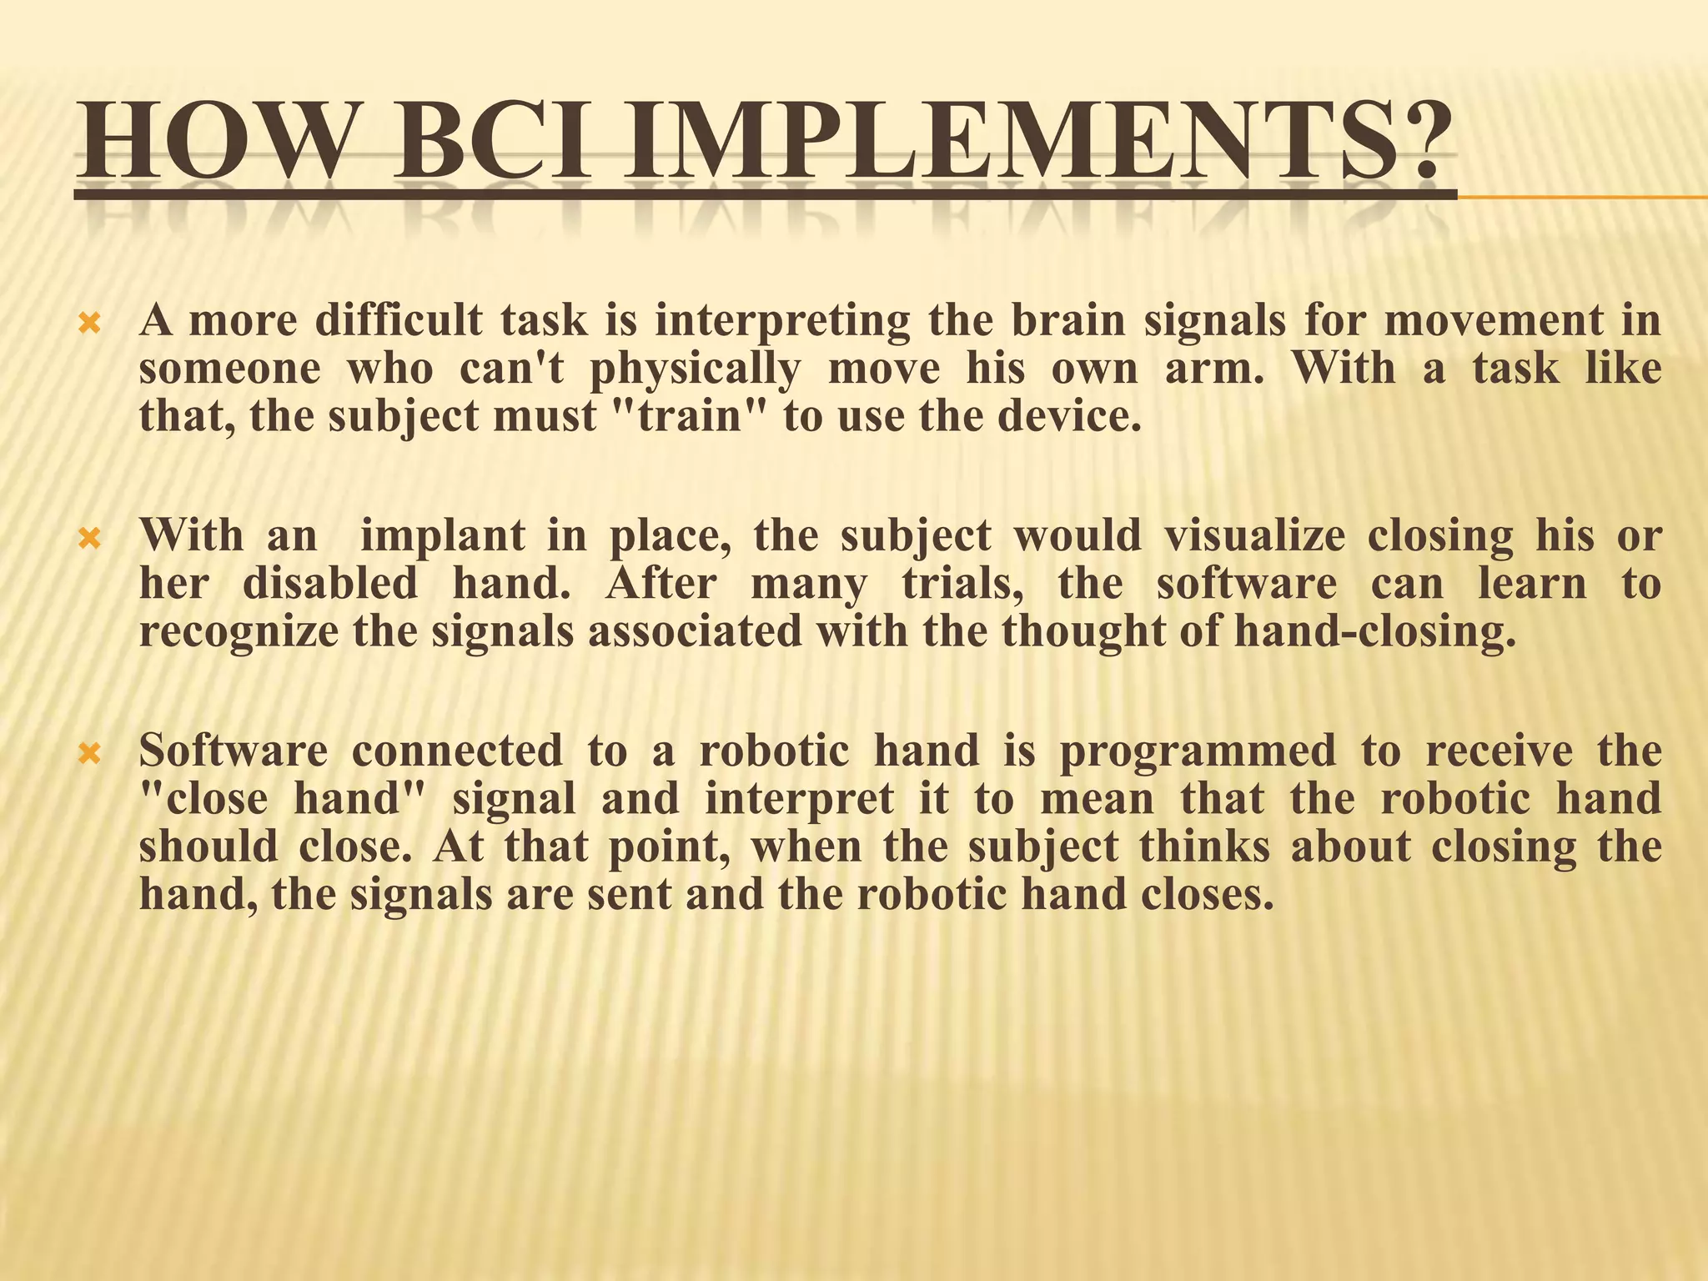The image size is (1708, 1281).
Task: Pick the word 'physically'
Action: [x=695, y=369]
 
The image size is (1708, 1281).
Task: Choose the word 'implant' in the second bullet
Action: [x=442, y=536]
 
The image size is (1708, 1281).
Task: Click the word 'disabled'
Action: [x=330, y=584]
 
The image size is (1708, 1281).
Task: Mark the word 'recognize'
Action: [x=239, y=632]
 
